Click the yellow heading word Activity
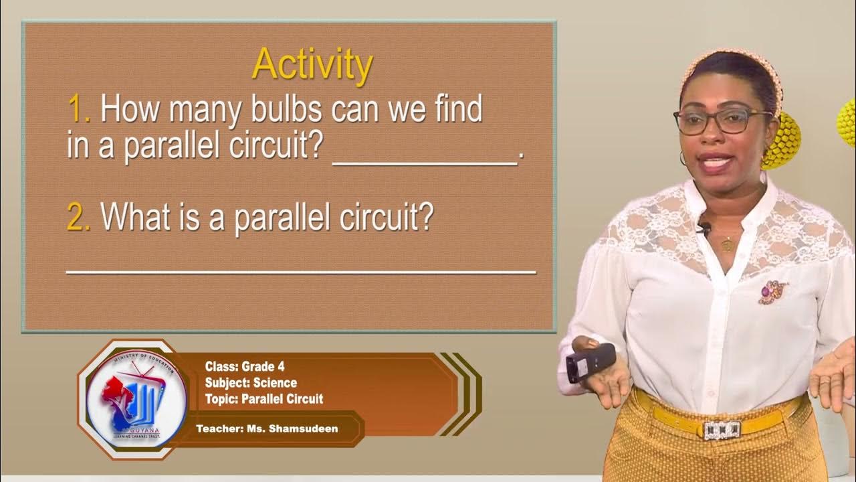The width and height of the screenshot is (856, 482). (312, 65)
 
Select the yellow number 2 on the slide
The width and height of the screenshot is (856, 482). (78, 217)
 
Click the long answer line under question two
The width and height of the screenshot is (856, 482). (301, 271)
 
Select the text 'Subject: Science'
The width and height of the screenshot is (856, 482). (251, 383)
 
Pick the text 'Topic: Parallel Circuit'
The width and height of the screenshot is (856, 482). (264, 399)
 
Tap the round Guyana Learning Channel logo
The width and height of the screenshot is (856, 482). (136, 400)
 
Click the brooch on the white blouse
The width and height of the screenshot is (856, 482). (773, 292)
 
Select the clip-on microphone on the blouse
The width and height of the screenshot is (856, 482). (704, 229)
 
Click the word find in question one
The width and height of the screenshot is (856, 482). (456, 109)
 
